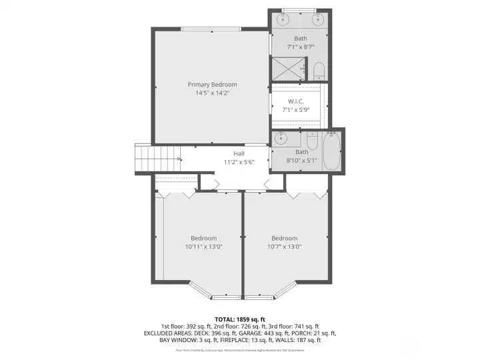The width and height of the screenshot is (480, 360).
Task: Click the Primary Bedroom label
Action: (212, 85)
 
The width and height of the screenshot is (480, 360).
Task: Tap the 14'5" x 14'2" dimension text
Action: (212, 93)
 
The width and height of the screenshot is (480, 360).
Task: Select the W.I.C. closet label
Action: (297, 101)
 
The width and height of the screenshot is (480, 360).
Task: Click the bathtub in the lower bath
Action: (331, 151)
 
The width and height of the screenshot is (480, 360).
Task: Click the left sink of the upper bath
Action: (282, 19)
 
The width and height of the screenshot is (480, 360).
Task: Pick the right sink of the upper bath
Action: (319, 19)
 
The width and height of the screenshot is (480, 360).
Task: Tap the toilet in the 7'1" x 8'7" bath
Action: (318, 71)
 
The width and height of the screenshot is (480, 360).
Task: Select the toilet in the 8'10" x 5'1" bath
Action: (311, 141)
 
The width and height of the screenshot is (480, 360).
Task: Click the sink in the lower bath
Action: (281, 139)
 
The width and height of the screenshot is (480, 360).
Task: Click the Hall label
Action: (239, 153)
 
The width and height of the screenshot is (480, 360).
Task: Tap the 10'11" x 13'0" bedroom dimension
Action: (203, 247)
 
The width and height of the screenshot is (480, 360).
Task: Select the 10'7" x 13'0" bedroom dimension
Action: (284, 247)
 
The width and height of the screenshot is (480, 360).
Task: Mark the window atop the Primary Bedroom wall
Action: (211, 28)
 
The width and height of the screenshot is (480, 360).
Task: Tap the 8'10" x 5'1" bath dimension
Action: (302, 160)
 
